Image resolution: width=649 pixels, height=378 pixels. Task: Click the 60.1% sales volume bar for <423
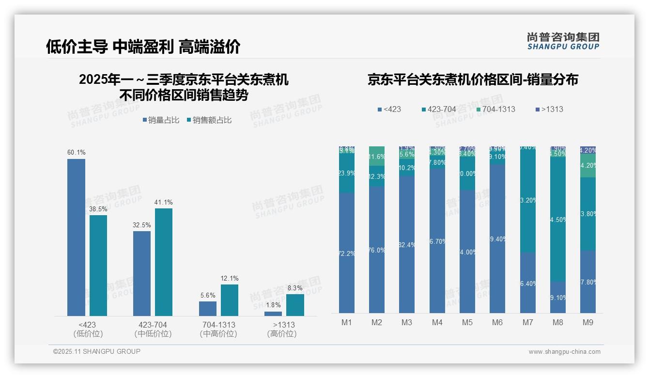(76, 237)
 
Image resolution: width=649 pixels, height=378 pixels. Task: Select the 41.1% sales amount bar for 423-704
(164, 262)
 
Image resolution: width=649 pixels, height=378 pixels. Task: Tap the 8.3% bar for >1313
(295, 305)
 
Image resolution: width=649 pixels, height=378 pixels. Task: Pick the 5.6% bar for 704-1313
(207, 309)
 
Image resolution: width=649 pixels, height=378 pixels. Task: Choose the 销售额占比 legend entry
(209, 120)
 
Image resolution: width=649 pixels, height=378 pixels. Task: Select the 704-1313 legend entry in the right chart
(495, 109)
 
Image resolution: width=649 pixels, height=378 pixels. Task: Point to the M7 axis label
(528, 322)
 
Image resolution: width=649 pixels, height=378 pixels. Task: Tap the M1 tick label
(347, 322)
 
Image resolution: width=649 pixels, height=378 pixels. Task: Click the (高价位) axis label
(282, 334)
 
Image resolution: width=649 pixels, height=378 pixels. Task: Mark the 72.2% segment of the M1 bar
(347, 253)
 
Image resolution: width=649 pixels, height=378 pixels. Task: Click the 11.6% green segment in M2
(377, 157)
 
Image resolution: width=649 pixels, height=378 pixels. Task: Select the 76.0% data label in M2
(377, 251)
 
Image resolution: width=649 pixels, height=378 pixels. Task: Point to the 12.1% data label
(230, 279)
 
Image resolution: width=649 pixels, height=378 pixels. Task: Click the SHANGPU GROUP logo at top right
(563, 41)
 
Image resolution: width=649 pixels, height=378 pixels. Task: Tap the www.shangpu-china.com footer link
(564, 352)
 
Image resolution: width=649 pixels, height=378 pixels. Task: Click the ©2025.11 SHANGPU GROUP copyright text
(97, 351)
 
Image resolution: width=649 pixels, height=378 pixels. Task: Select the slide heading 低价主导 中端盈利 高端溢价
(143, 47)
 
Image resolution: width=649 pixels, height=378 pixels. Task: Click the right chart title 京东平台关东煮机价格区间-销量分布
(473, 79)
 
